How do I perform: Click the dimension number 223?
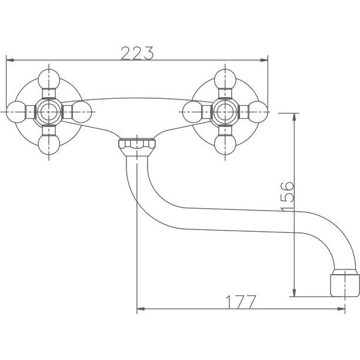click(137, 54)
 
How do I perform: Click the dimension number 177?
click(241, 302)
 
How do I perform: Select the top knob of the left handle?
click(49, 79)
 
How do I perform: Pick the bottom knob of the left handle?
click(49, 145)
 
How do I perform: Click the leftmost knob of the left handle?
click(16, 112)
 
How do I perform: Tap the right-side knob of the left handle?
click(82, 112)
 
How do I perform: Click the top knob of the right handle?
click(225, 79)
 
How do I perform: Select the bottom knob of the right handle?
click(225, 145)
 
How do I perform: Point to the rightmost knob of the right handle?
click(258, 112)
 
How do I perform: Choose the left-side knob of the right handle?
click(192, 112)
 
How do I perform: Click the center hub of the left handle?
click(49, 112)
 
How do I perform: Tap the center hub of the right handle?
click(225, 112)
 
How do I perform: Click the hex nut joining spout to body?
click(137, 147)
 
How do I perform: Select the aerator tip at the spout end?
click(345, 285)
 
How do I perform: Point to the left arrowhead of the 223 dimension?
click(10, 60)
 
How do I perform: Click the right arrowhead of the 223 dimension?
click(264, 60)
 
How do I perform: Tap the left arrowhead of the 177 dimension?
click(141, 309)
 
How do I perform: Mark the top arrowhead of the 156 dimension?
click(294, 117)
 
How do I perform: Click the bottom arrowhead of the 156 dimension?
click(294, 293)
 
